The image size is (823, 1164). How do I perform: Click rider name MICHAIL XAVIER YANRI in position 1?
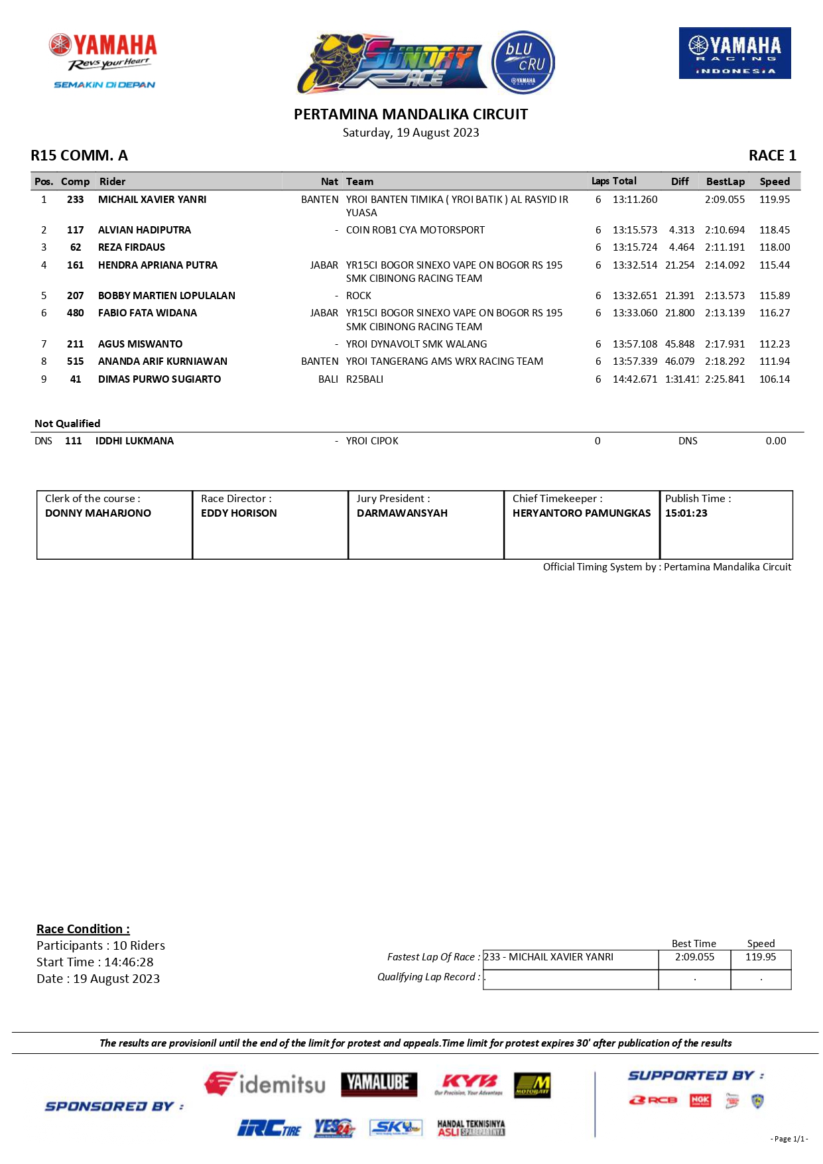(x=152, y=200)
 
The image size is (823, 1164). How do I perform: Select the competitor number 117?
(x=75, y=230)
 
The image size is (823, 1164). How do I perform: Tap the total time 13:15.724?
(x=635, y=247)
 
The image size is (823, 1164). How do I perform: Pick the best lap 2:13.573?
(x=724, y=296)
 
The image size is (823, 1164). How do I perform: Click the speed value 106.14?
(x=774, y=379)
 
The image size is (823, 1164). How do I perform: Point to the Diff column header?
(x=679, y=182)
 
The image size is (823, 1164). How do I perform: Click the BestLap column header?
(x=725, y=182)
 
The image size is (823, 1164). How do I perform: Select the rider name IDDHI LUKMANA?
(x=135, y=441)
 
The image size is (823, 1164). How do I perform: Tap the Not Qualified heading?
(x=68, y=424)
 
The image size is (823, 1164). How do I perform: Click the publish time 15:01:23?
(x=686, y=513)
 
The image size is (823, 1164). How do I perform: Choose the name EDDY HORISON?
(x=239, y=513)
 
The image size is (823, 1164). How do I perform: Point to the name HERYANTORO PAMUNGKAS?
(x=582, y=513)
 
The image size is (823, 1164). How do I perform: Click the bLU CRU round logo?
(x=523, y=63)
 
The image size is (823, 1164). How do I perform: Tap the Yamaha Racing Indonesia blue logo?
(x=734, y=53)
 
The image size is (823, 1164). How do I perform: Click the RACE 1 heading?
(x=772, y=156)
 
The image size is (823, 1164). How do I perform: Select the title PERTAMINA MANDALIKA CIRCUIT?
(x=411, y=115)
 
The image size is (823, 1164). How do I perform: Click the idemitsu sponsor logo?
(x=265, y=1084)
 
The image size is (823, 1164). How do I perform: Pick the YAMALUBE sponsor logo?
(x=379, y=1084)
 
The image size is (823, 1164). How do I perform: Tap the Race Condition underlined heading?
(x=83, y=929)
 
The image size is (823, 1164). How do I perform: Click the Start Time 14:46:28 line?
(x=95, y=962)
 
